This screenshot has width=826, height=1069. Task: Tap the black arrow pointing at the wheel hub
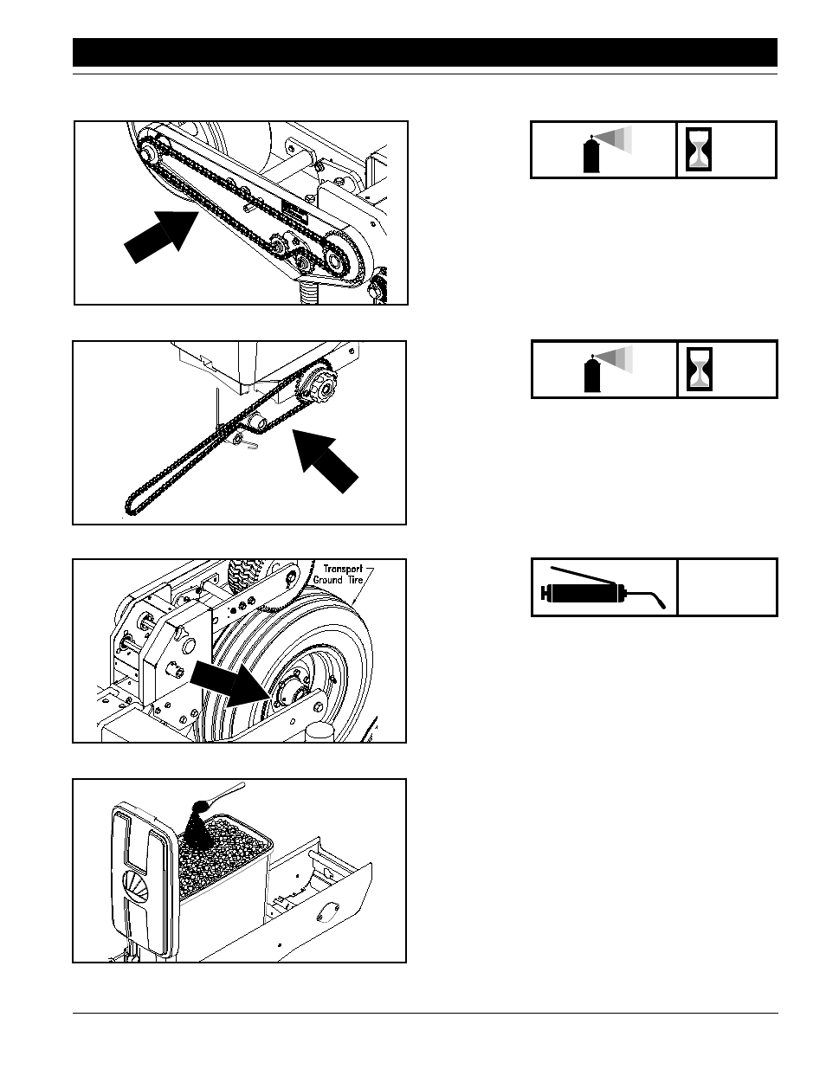[x=229, y=683]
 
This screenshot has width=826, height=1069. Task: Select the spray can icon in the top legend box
[x=607, y=150]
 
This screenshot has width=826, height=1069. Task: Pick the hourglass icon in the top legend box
[x=699, y=150]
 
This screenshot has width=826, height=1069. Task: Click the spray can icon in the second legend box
[x=608, y=369]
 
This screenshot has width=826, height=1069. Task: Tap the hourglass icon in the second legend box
[x=699, y=369]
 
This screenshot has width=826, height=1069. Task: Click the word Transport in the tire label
[x=343, y=569]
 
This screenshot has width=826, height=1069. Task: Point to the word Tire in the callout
[x=354, y=580]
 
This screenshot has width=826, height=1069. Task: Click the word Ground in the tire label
[x=327, y=580]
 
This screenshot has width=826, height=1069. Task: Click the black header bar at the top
[x=425, y=52]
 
